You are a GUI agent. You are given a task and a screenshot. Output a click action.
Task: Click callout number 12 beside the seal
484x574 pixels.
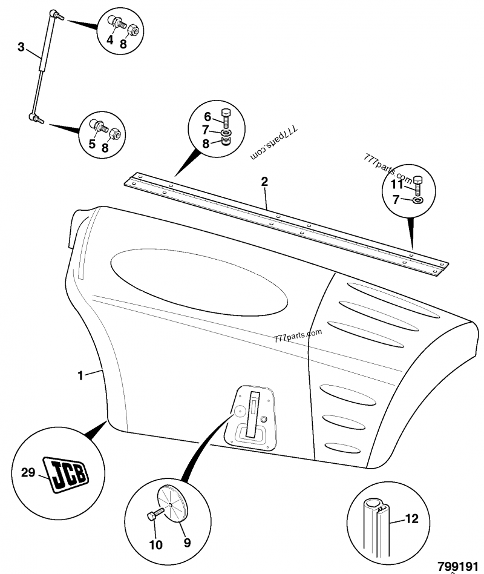[x=411, y=518]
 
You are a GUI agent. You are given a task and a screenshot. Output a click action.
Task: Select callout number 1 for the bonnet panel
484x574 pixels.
[x=80, y=375]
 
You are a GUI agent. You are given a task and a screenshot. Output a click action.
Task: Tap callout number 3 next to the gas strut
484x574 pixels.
[x=21, y=47]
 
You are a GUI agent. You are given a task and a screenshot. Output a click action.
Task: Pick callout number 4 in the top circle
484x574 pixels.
[x=110, y=40]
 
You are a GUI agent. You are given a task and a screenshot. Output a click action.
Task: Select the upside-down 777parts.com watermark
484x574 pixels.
[x=275, y=143]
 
